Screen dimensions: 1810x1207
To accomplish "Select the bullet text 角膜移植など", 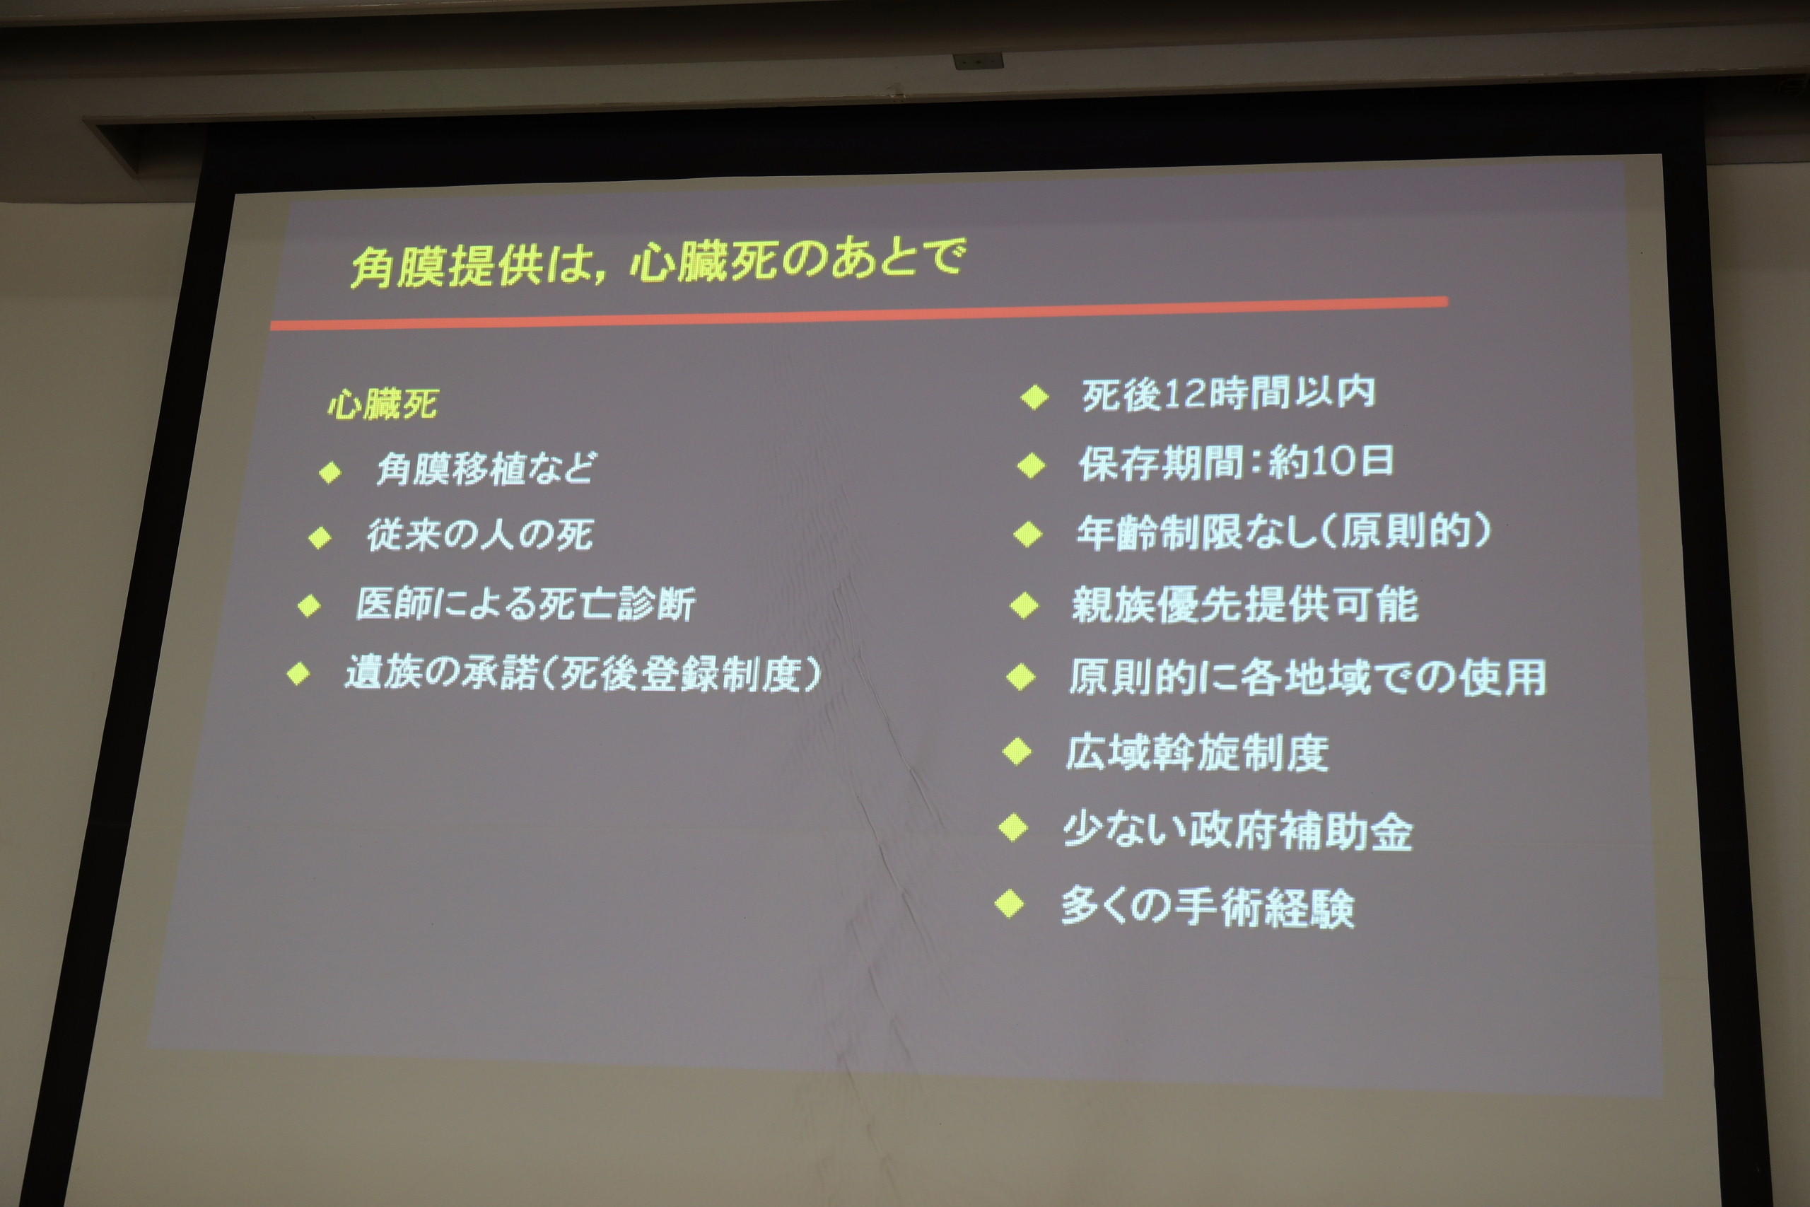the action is pos(486,468).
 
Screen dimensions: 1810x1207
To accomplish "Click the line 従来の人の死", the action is pos(479,535).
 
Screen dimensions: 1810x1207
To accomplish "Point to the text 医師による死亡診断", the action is pos(525,604).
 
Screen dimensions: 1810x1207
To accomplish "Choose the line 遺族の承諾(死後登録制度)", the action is pos(583,675).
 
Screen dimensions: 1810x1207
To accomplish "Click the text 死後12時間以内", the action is pos(1228,393).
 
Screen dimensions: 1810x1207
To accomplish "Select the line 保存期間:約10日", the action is pos(1236,462).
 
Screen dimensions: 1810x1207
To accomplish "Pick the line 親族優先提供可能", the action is pos(1245,605).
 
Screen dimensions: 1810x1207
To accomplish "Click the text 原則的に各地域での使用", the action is pos(1307,677).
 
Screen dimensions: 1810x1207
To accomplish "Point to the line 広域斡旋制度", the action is pos(1197,752).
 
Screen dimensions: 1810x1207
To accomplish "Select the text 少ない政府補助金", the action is pos(1237,831).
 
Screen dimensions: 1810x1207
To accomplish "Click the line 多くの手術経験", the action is pos(1208,908).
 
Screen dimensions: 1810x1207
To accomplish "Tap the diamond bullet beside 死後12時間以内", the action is pos(1035,397).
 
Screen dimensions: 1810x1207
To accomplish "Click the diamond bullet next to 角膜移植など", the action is pos(330,472).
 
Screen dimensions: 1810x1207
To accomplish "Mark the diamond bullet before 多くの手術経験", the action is pos(1010,904).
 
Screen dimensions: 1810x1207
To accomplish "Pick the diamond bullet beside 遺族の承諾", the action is pos(298,674).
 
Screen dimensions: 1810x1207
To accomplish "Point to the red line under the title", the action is pos(859,314).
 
